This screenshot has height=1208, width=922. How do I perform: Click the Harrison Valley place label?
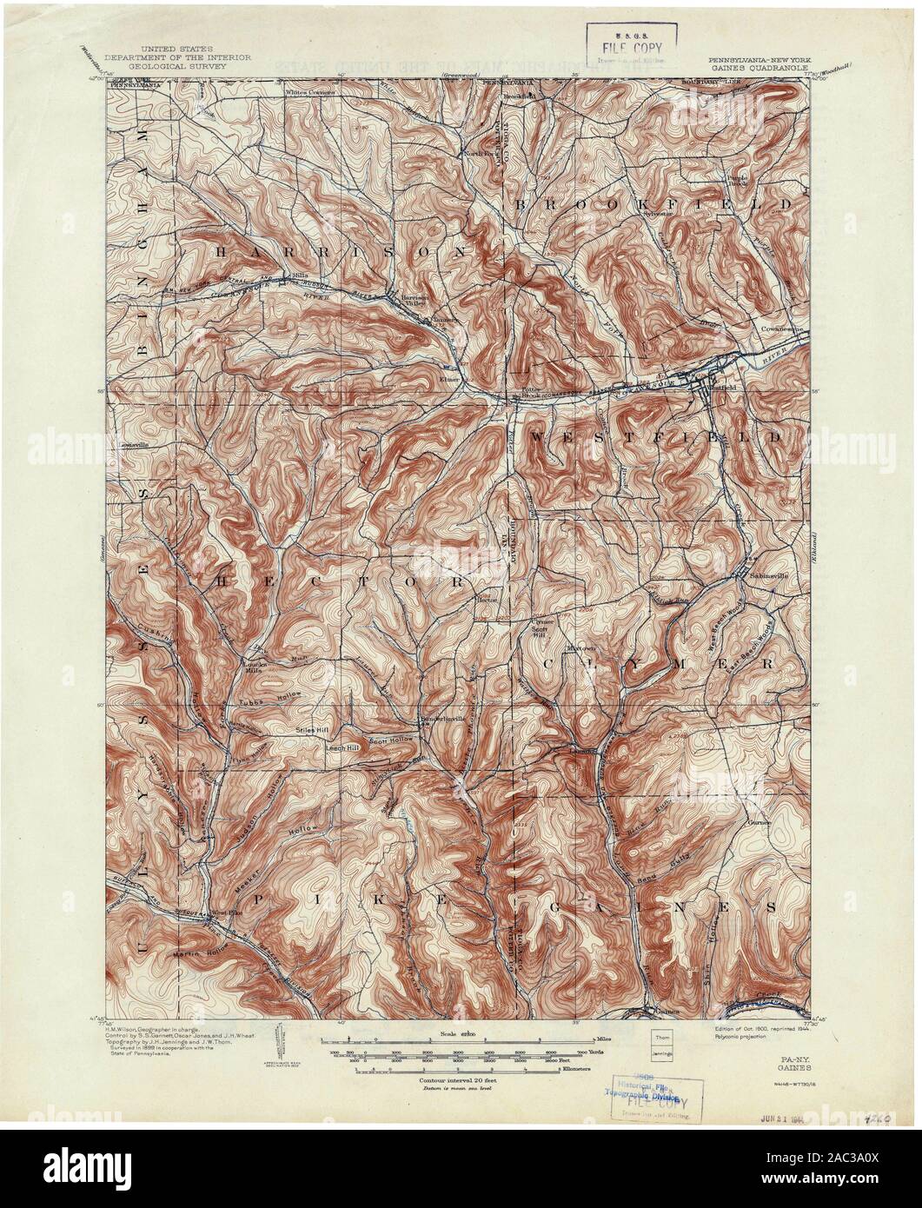[411, 298]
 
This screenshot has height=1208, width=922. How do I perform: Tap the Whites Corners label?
[311, 90]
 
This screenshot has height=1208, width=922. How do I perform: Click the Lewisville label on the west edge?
[130, 444]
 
